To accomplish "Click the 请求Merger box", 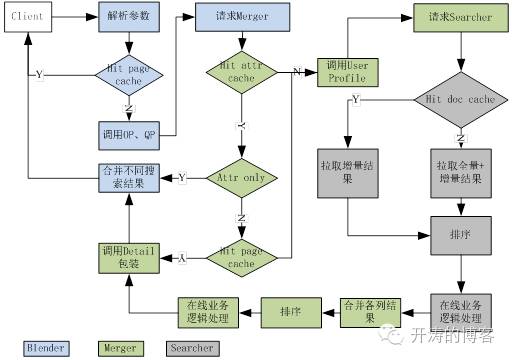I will [240, 18].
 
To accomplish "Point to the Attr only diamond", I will [240, 178].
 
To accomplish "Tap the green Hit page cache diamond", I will [240, 257].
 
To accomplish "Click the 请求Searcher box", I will [459, 18].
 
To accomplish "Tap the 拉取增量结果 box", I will [348, 169].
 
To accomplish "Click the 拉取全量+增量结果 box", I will [459, 169].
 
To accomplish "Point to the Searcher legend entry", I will [191, 348].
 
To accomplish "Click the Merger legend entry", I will [118, 348].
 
